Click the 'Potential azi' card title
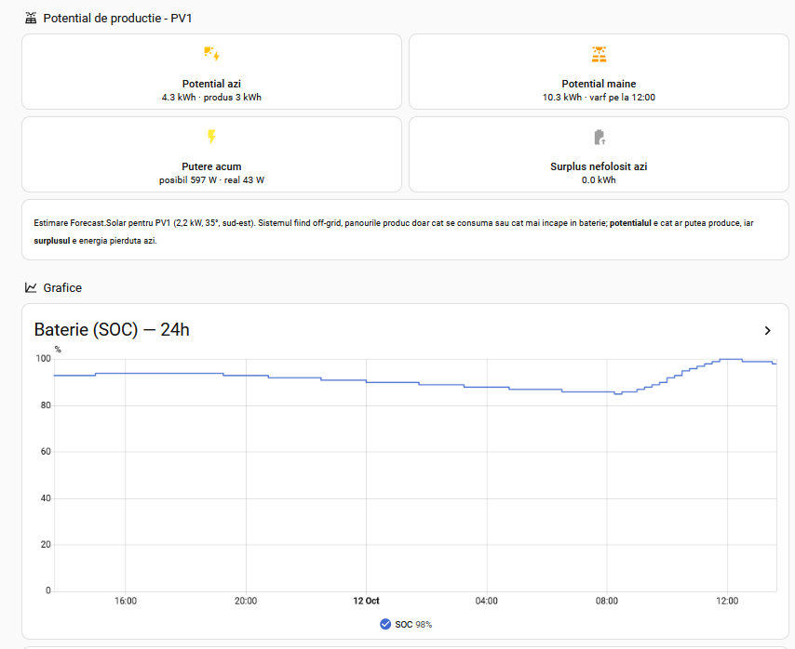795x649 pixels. point(211,84)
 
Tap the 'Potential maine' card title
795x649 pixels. point(599,84)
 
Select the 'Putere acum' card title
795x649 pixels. point(211,166)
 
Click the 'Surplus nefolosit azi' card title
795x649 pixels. point(599,166)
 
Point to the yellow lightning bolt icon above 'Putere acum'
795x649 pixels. point(211,137)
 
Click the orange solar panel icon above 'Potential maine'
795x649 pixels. point(599,54)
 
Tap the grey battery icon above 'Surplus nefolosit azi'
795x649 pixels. point(600,138)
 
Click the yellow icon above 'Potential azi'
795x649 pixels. point(211,54)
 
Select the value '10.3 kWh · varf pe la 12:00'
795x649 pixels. point(599,98)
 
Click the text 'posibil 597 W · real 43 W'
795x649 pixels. point(211,180)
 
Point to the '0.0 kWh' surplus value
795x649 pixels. point(599,180)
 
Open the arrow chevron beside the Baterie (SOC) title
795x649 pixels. point(768,331)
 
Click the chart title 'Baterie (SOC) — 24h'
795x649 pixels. point(112,330)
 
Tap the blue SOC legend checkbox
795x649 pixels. point(385,624)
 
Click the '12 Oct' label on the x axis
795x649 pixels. point(366,601)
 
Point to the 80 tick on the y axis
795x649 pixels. point(46,405)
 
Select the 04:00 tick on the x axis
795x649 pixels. point(486,601)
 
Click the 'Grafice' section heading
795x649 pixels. point(62,287)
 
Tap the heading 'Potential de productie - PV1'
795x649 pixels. point(117,19)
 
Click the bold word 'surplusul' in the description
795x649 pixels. point(52,241)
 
